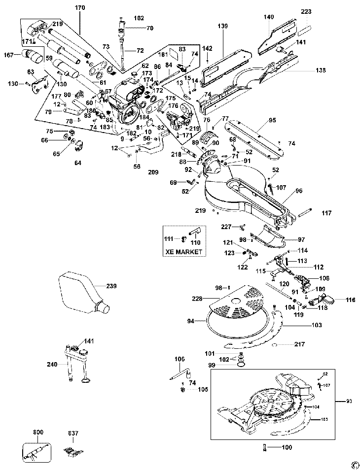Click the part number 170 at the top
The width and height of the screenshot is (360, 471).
(80, 8)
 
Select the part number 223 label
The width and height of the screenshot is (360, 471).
(306, 12)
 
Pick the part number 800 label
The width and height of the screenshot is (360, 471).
(38, 433)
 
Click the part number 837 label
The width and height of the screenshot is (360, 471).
(73, 433)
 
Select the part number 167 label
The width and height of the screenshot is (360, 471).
(8, 55)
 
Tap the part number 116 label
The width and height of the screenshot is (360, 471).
(350, 300)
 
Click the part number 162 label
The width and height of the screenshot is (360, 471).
(139, 18)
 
